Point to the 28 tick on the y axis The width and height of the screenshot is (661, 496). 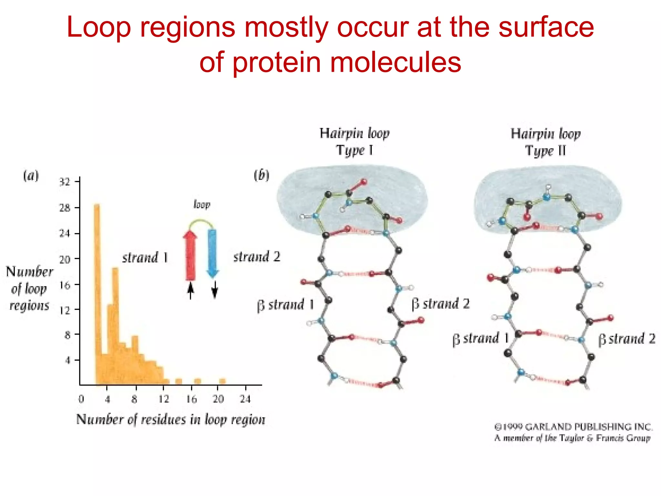coord(65,208)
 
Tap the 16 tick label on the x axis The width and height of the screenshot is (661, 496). coord(191,399)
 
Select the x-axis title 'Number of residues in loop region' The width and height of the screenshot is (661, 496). coord(171,419)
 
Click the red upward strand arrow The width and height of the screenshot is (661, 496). coord(190,255)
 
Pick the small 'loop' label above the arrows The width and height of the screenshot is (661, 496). coord(202,205)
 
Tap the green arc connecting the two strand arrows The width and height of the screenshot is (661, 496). coord(201,222)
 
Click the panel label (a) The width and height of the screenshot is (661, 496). coord(31,176)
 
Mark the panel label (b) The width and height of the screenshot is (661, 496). coord(261,175)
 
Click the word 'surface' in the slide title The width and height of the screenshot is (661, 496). coord(546,27)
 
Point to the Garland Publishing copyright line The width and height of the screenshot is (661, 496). coord(573,427)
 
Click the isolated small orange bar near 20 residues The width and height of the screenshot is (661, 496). coord(222,381)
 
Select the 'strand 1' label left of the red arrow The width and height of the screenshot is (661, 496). coord(145,258)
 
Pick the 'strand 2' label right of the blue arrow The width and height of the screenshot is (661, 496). coord(257,257)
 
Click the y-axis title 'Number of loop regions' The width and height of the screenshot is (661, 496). coord(29,288)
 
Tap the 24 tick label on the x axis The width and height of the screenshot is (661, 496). coord(245,399)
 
